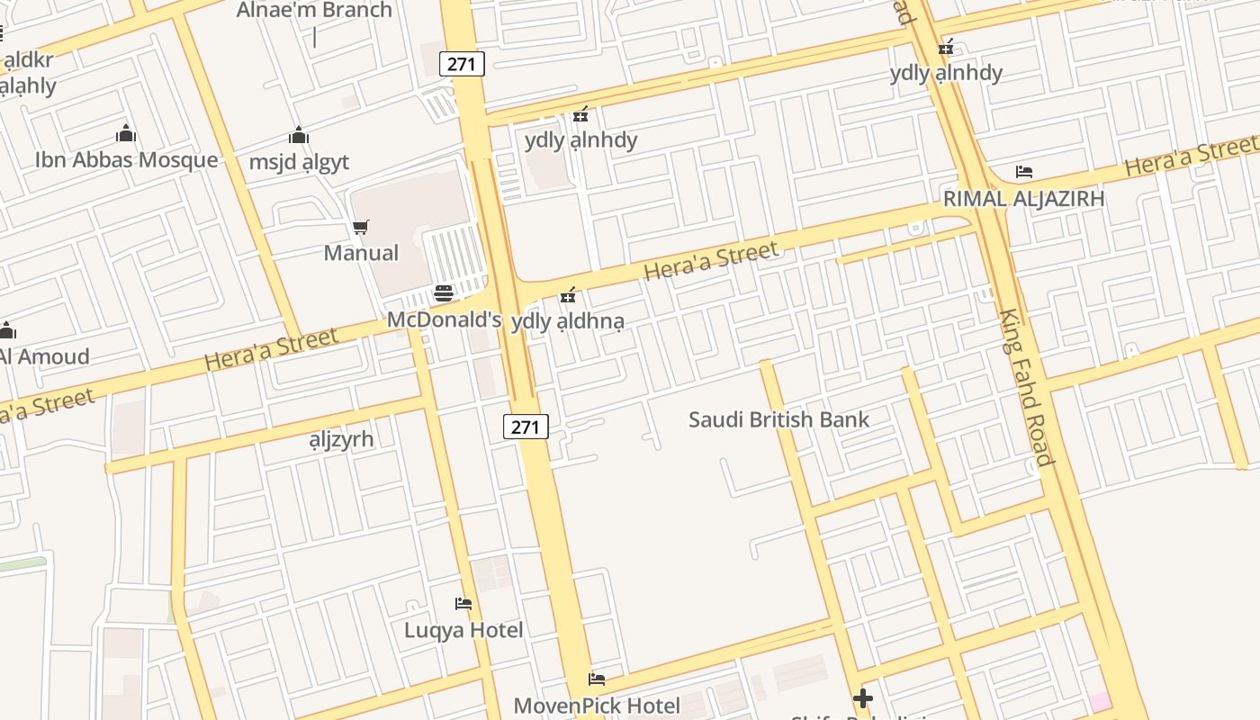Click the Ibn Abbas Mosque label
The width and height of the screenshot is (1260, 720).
(126, 160)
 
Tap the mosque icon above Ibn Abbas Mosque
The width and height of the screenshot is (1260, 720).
(126, 134)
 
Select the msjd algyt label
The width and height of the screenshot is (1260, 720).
(299, 162)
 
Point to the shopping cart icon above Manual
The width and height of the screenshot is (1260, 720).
(360, 227)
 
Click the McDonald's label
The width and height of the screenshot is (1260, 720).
(444, 319)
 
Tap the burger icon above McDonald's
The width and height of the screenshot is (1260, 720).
(443, 293)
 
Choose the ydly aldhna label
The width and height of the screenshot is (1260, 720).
(567, 321)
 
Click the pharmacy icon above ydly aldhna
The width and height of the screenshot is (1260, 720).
(567, 295)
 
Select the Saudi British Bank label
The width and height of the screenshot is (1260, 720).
(778, 419)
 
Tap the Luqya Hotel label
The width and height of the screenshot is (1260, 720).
(463, 630)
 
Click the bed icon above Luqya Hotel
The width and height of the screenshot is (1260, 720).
(463, 603)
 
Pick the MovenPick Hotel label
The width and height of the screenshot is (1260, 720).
(597, 706)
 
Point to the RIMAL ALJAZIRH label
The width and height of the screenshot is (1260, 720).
(1023, 199)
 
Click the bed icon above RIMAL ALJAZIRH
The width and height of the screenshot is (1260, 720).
(1023, 172)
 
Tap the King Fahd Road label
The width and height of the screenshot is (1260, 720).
(1026, 387)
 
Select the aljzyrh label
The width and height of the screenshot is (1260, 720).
(341, 440)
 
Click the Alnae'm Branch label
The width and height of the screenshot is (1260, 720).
(314, 11)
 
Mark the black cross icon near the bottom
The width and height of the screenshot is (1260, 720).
(863, 698)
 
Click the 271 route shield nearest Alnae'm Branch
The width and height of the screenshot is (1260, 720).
(463, 64)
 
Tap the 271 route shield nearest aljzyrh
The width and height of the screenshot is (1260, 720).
(525, 427)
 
